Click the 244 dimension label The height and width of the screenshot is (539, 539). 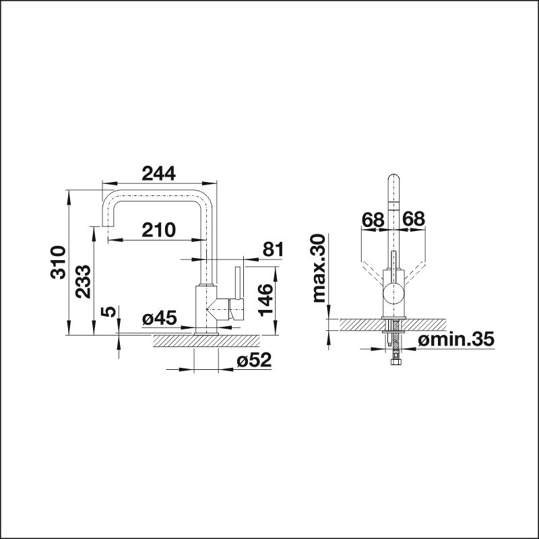[158, 173]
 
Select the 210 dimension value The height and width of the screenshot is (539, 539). [158, 230]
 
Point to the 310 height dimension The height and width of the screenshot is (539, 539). [58, 262]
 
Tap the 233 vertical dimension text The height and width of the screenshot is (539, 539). [83, 282]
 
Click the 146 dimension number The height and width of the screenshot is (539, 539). [265, 300]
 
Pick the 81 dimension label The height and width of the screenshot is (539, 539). [273, 249]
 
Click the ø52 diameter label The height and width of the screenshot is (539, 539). [254, 360]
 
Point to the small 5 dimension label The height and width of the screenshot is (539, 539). [108, 312]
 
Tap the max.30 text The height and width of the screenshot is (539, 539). [319, 268]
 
